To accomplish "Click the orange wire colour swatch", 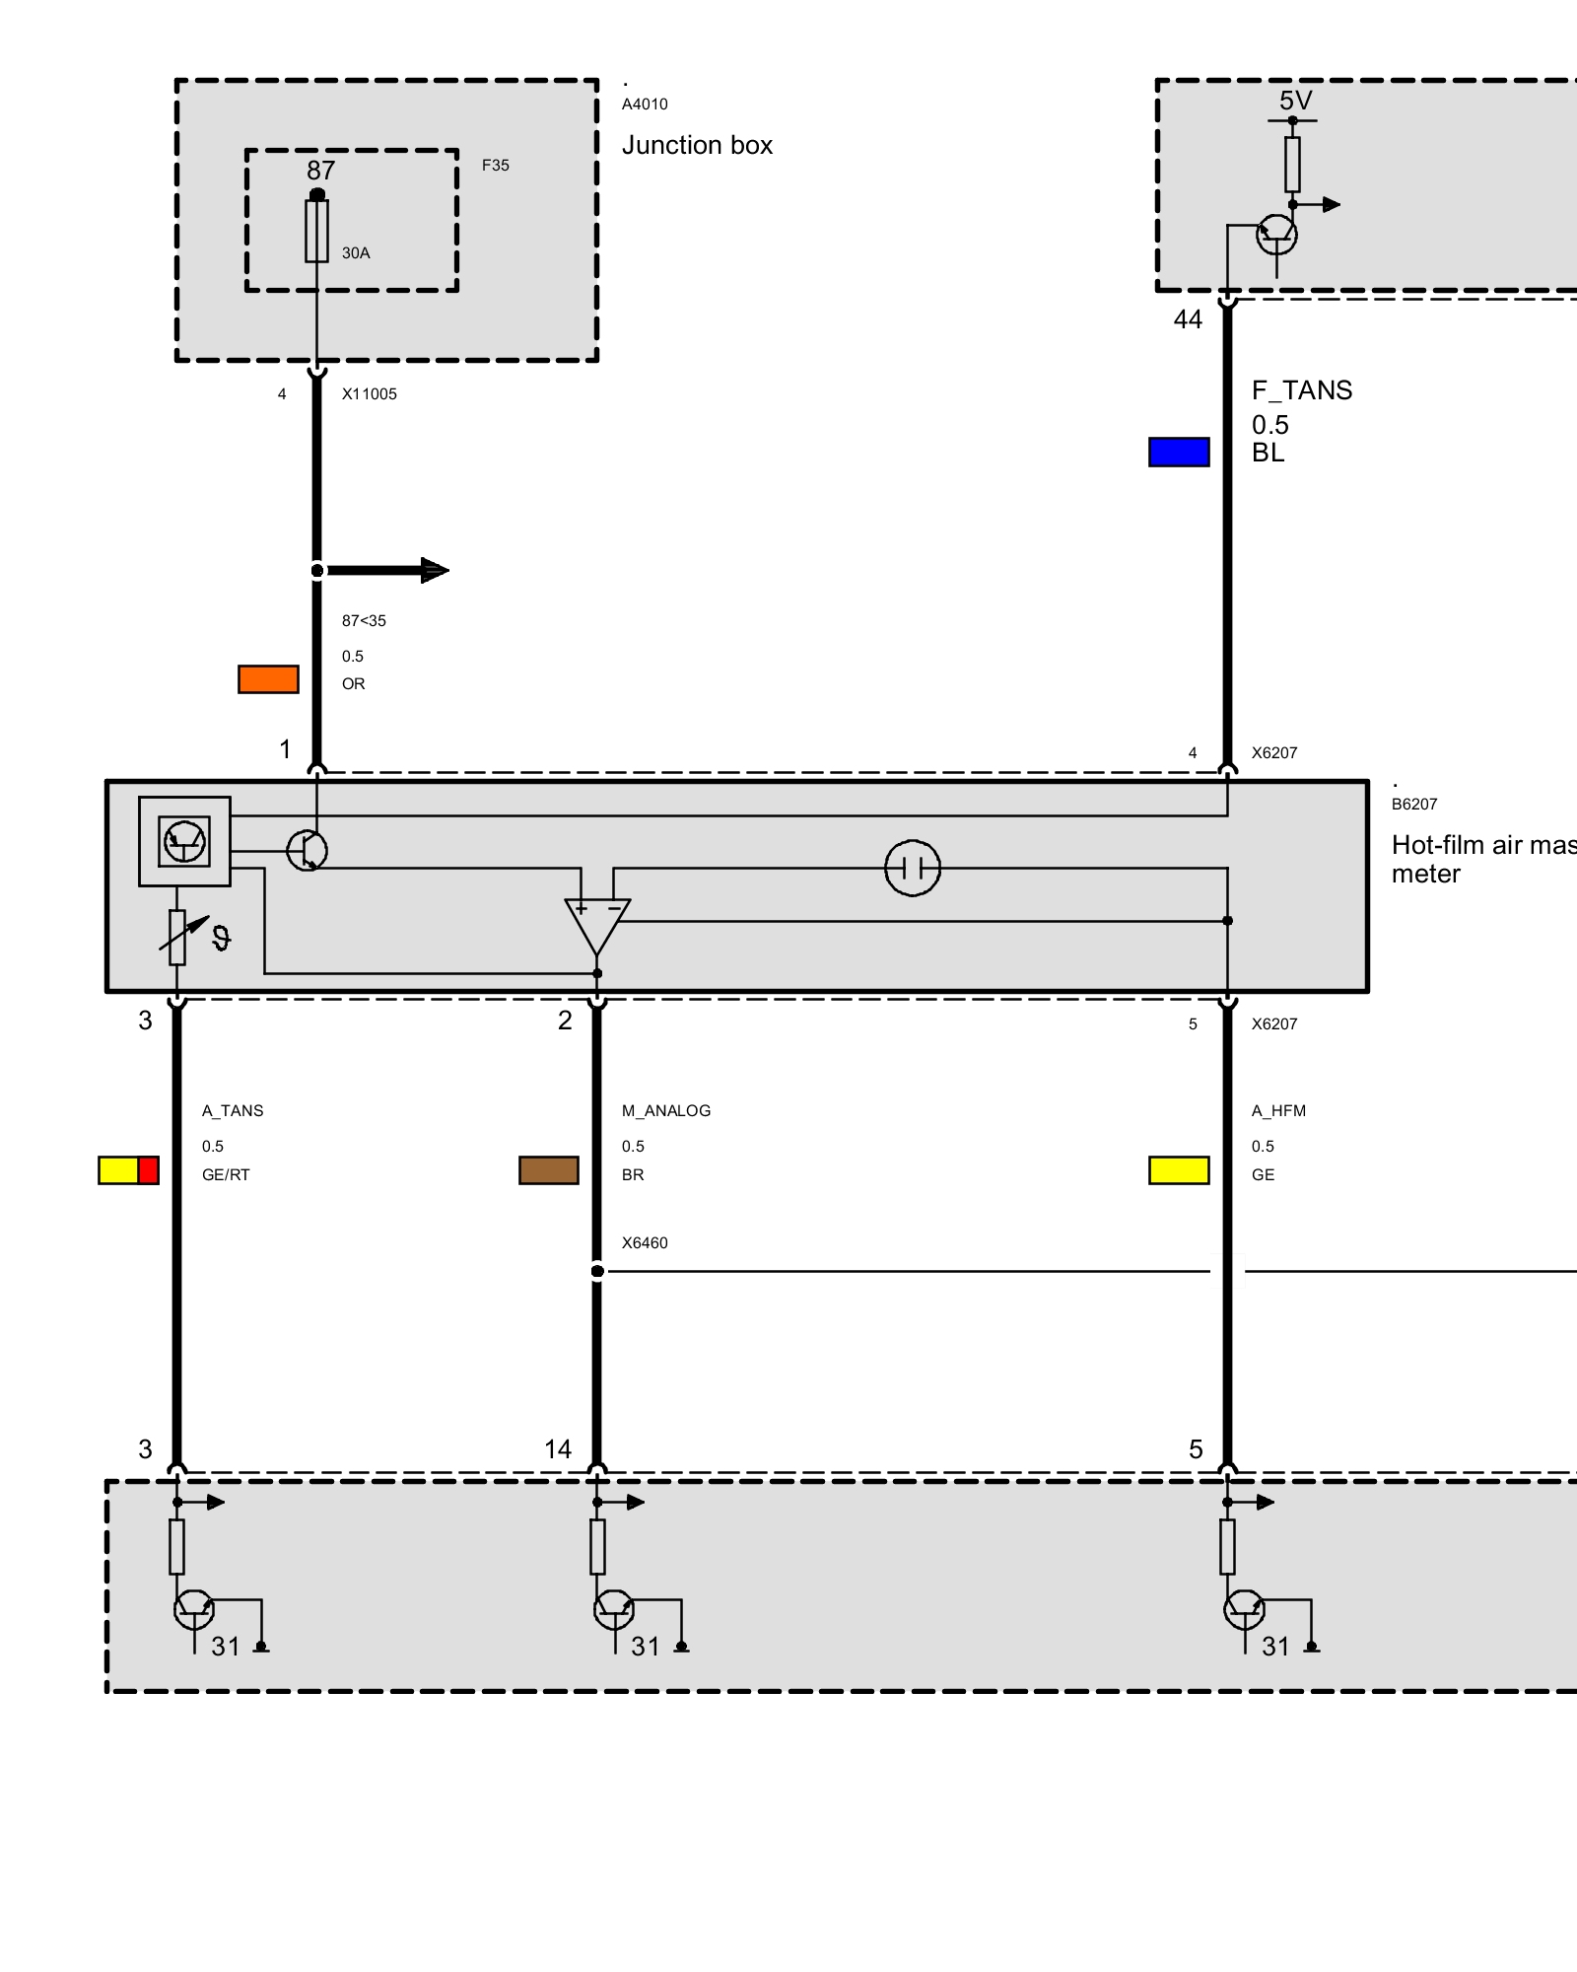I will coord(268,679).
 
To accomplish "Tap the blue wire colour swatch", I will coord(1179,452).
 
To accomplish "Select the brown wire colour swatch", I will coord(549,1170).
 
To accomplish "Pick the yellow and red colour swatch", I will coord(128,1170).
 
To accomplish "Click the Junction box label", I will coord(697,146).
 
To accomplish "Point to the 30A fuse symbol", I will coord(316,232).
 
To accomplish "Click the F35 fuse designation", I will coord(495,166).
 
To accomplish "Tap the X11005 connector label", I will coord(369,394).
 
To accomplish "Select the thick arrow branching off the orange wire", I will coord(389,570).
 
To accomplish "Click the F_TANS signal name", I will coord(1301,390).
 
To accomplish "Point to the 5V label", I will coord(1295,101).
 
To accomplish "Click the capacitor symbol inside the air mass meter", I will coord(913,868).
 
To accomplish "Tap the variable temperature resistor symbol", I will coord(177,937).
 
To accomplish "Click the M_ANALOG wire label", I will coord(665,1111).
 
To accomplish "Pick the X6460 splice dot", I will coord(597,1271).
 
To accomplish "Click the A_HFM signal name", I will coord(1278,1111).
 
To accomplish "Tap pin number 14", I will coord(558,1449).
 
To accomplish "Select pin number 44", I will coord(1188,319).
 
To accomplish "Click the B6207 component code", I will coord(1414,805).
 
